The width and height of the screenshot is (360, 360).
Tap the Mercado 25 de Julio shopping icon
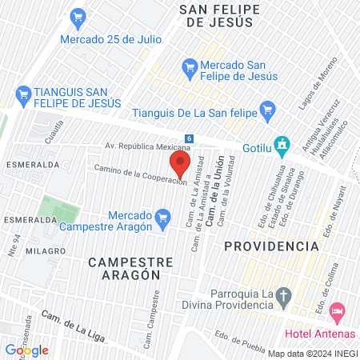point(78,16)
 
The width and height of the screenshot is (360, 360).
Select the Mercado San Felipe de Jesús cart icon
point(190,66)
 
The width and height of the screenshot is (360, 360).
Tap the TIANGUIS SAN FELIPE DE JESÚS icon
point(21,94)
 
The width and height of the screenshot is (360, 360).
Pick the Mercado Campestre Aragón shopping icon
point(163,217)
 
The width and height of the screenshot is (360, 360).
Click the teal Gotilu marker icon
point(281,146)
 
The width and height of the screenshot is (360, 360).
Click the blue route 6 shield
point(188,138)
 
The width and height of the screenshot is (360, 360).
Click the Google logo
point(26,350)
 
